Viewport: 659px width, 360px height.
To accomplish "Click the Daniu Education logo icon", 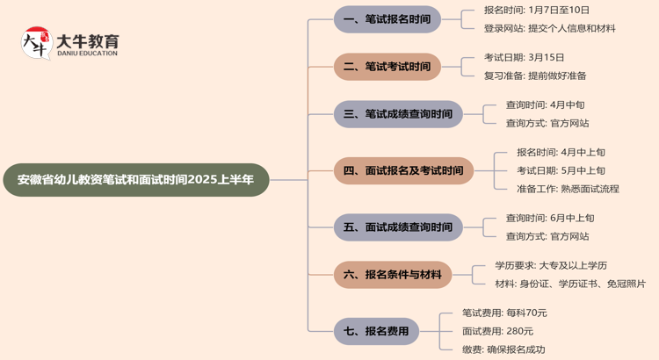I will (36, 43).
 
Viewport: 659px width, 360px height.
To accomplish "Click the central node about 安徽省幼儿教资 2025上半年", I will (135, 180).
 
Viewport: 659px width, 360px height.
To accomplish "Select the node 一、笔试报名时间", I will (387, 18).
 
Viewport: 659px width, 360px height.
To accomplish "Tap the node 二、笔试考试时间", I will (387, 66).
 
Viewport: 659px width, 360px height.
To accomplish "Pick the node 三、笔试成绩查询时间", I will (397, 114).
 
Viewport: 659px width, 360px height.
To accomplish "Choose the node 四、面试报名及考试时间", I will (402, 170).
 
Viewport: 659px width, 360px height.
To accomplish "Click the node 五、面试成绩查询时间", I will (397, 227).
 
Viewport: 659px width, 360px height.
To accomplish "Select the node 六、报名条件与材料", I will (392, 275).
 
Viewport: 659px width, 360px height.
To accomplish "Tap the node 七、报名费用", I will (376, 331).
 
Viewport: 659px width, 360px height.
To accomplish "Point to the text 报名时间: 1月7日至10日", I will (536, 11).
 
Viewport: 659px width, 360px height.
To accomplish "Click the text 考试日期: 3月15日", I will (525, 58).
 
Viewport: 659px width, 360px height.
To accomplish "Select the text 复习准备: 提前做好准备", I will (535, 76).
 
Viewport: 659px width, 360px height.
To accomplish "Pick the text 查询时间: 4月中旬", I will (545, 105).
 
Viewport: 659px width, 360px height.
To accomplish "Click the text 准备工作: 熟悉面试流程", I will (568, 189).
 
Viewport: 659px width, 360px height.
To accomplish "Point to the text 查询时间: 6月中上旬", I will (550, 218).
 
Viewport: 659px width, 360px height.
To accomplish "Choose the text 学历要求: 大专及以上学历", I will (551, 265).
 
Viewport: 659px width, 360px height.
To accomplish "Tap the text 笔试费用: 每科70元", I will (504, 313).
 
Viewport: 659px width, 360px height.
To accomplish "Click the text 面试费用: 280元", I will (497, 331).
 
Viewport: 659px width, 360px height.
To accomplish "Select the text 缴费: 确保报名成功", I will (503, 349).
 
